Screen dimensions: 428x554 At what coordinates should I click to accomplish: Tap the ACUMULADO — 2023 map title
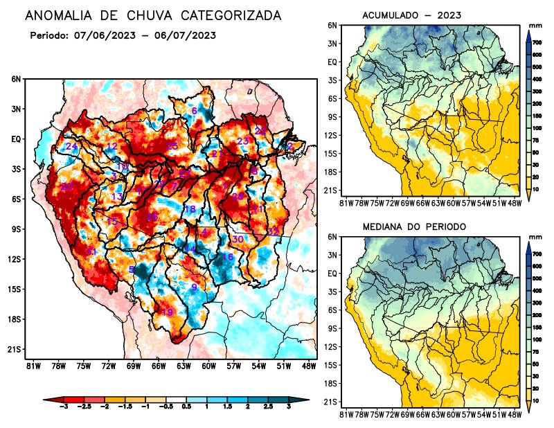pyautogui.click(x=411, y=15)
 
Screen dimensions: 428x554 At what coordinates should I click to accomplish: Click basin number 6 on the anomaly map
pyautogui.click(x=195, y=111)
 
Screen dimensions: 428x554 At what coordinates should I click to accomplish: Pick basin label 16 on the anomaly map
pyautogui.click(x=227, y=257)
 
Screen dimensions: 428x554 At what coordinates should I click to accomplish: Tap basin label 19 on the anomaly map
pyautogui.click(x=167, y=312)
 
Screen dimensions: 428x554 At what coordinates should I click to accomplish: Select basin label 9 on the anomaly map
pyautogui.click(x=195, y=287)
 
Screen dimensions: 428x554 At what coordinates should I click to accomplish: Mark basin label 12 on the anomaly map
pyautogui.click(x=111, y=146)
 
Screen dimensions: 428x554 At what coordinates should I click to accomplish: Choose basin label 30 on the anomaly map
pyautogui.click(x=238, y=239)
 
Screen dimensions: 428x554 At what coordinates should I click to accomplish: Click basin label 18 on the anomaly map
pyautogui.click(x=189, y=209)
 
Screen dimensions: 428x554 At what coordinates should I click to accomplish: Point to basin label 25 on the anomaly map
pyautogui.click(x=172, y=145)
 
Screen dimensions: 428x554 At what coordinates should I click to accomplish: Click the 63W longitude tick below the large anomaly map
pyautogui.click(x=183, y=365)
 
